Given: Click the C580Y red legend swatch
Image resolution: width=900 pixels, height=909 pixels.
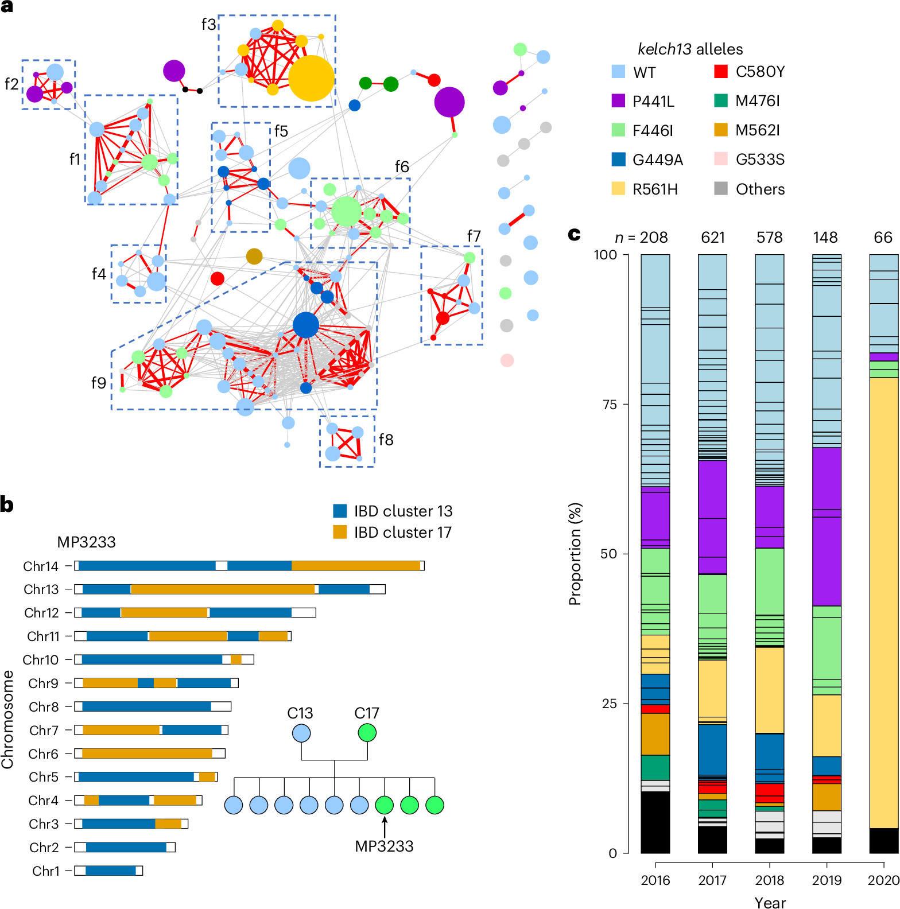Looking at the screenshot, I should [x=721, y=71].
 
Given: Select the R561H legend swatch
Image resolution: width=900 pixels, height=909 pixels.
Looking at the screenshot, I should [x=618, y=188].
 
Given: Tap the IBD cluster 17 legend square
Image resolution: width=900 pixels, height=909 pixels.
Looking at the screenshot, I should [x=340, y=532].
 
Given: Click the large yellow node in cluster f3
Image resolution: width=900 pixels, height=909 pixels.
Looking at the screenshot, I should [x=311, y=79].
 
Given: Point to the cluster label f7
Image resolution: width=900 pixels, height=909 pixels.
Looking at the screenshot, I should [x=474, y=236].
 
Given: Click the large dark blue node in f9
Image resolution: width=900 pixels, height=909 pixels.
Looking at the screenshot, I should [x=305, y=325].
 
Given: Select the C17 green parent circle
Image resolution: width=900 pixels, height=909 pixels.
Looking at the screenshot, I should [x=367, y=732].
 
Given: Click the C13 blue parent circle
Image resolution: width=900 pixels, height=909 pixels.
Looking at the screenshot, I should [x=301, y=733].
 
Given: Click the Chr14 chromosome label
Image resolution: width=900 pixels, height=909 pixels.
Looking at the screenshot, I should [x=41, y=566].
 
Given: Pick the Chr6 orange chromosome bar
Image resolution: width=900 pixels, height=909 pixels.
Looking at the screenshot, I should [x=147, y=753].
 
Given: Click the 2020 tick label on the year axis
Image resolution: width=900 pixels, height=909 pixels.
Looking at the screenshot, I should [x=883, y=880].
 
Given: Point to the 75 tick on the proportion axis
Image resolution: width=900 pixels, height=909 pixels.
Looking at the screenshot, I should [x=610, y=405].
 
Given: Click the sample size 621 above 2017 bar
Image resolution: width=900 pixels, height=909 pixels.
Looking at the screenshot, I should [x=712, y=238].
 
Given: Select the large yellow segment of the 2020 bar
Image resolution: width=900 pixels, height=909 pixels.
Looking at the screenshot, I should [x=884, y=603].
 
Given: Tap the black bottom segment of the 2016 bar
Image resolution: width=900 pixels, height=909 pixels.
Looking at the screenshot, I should [x=655, y=822].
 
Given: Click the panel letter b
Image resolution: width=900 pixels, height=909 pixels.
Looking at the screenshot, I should [x=7, y=504].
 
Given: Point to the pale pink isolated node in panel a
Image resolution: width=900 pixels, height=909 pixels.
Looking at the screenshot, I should [x=507, y=360].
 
